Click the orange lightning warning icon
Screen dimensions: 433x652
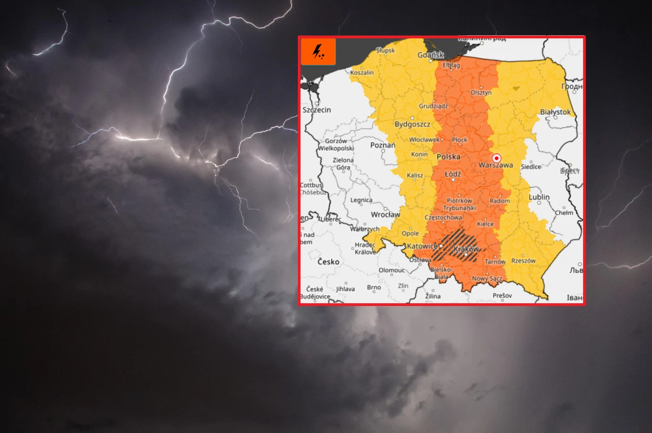point(318,52)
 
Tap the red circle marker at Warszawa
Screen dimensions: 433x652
point(496,158)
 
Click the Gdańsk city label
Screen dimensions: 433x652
point(431,55)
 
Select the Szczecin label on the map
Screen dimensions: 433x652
point(316,110)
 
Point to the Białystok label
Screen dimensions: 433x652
point(555,112)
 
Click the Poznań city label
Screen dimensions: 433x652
point(383,145)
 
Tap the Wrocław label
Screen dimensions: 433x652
point(385,215)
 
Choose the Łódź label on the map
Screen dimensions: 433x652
point(453,174)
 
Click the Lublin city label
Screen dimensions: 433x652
point(539,197)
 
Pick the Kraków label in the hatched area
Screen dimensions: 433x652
point(466,249)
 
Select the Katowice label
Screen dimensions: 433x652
point(422,246)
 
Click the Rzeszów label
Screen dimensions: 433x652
point(523,261)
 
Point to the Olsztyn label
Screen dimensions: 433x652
point(481,93)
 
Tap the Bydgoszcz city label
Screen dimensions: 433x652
point(412,124)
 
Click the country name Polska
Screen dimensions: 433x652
point(448,157)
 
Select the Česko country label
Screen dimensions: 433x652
point(328,262)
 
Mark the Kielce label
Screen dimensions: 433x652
point(485,224)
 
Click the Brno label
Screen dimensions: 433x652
point(374,287)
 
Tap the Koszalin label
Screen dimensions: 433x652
point(362,73)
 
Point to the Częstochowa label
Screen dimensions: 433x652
point(443,218)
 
